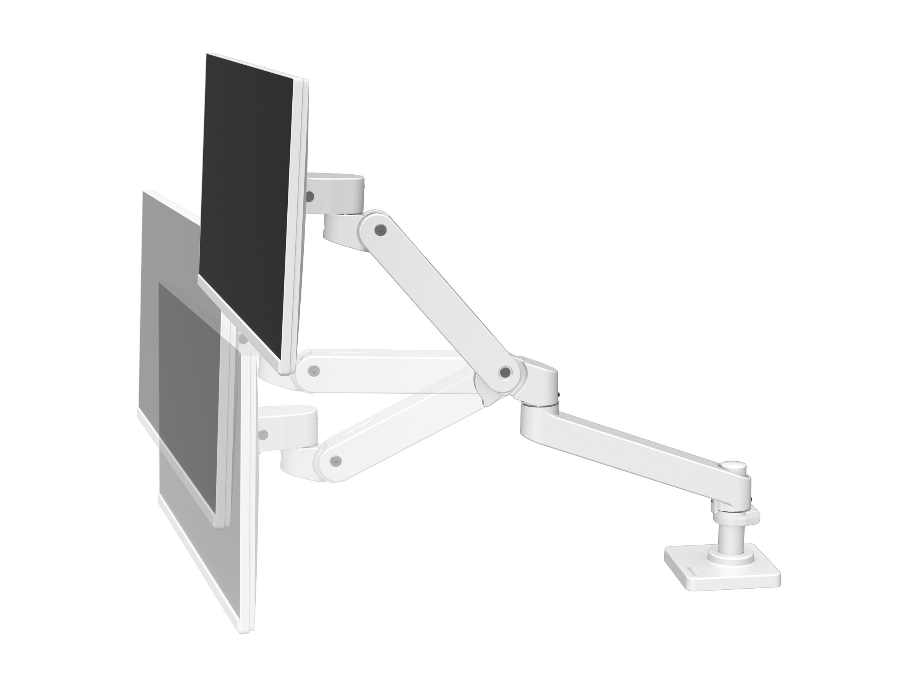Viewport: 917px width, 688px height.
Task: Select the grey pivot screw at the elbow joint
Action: (x=504, y=372)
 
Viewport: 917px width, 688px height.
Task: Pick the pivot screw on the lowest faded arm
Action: (x=337, y=459)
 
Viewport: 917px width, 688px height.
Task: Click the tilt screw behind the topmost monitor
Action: (x=309, y=195)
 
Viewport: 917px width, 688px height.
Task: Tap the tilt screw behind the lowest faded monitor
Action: (x=262, y=435)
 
